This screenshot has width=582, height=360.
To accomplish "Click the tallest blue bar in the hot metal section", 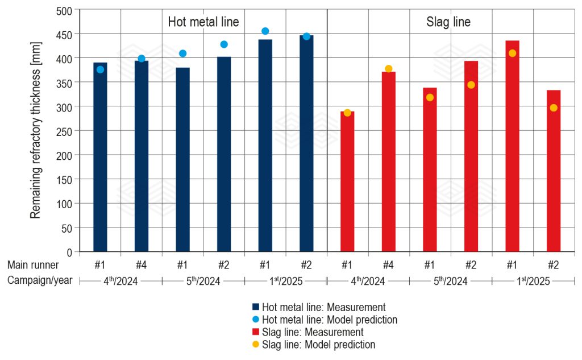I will pyautogui.click(x=306, y=142).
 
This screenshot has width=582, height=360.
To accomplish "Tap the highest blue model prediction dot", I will pyautogui.click(x=265, y=31).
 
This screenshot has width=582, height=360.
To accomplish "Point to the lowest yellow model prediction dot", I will pyautogui.click(x=347, y=113).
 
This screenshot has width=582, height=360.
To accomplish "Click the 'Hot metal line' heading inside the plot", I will pyautogui.click(x=203, y=22).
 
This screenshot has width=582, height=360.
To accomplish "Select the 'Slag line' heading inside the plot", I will pyautogui.click(x=448, y=22).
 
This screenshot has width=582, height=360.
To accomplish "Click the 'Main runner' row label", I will pyautogui.click(x=33, y=264).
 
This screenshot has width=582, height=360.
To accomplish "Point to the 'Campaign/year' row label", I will pyautogui.click(x=40, y=280).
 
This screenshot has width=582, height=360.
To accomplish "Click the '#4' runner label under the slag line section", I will pyautogui.click(x=389, y=264).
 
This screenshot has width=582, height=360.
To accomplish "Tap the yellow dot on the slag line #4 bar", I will pyautogui.click(x=389, y=69).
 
